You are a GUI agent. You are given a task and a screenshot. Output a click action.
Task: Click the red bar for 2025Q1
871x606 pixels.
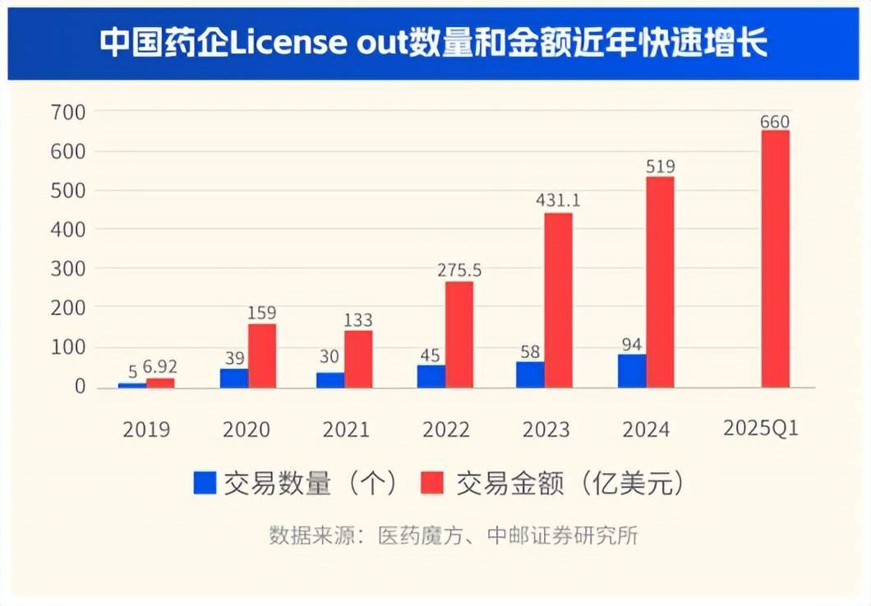(x=775, y=259)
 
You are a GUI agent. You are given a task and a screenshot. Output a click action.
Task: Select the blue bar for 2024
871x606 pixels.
(x=632, y=371)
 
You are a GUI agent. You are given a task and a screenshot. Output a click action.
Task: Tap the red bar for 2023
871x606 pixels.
(x=558, y=301)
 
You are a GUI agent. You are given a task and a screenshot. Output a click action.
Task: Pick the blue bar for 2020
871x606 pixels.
(x=234, y=378)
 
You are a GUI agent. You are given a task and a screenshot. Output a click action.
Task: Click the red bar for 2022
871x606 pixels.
(x=459, y=334)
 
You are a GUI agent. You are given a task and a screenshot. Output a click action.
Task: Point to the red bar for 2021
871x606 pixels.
(x=358, y=359)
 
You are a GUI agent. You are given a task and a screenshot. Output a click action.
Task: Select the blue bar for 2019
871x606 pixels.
(x=132, y=384)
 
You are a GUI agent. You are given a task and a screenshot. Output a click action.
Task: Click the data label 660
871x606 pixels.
(x=774, y=122)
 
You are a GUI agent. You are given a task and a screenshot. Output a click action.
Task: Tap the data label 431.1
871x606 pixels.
(x=558, y=200)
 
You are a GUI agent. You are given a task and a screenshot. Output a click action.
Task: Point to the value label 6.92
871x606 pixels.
(x=160, y=367)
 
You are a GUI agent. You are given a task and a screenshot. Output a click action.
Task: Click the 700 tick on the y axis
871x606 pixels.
(x=68, y=112)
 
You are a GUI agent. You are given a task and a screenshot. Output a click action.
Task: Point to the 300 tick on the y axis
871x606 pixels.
(x=68, y=269)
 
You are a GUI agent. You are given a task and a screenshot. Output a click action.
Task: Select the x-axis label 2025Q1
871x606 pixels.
(x=761, y=429)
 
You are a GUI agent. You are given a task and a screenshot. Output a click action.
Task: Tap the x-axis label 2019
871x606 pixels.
(x=146, y=429)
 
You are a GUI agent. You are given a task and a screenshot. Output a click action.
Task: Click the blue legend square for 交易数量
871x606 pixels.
(x=205, y=483)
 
